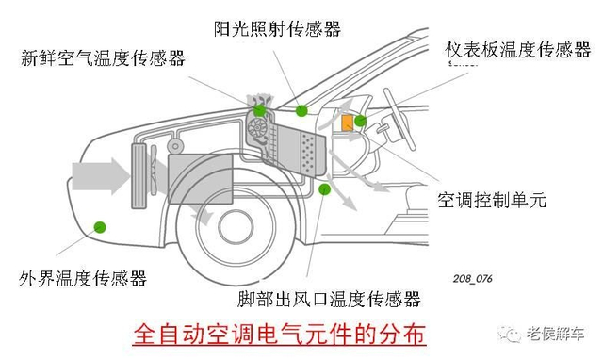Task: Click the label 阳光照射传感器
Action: click(x=277, y=28)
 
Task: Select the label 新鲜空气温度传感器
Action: click(x=103, y=58)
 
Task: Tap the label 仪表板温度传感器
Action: click(x=518, y=50)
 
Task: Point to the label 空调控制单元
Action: click(x=492, y=200)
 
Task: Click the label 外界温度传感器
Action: click(x=83, y=278)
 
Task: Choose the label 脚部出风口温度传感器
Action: click(x=329, y=299)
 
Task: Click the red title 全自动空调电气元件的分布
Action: click(x=280, y=334)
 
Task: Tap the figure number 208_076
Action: click(x=472, y=278)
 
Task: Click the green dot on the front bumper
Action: click(x=100, y=227)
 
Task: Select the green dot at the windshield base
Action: click(x=301, y=111)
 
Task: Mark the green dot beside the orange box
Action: click(x=360, y=121)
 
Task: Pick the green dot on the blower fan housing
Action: click(x=260, y=110)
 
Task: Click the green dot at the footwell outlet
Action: click(x=325, y=188)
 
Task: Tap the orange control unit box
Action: click(x=348, y=123)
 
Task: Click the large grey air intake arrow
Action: click(x=101, y=176)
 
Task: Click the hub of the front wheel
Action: click(x=236, y=227)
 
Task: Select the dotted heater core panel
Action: click(x=312, y=153)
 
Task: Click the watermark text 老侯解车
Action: click(x=555, y=334)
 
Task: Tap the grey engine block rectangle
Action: click(x=201, y=178)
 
